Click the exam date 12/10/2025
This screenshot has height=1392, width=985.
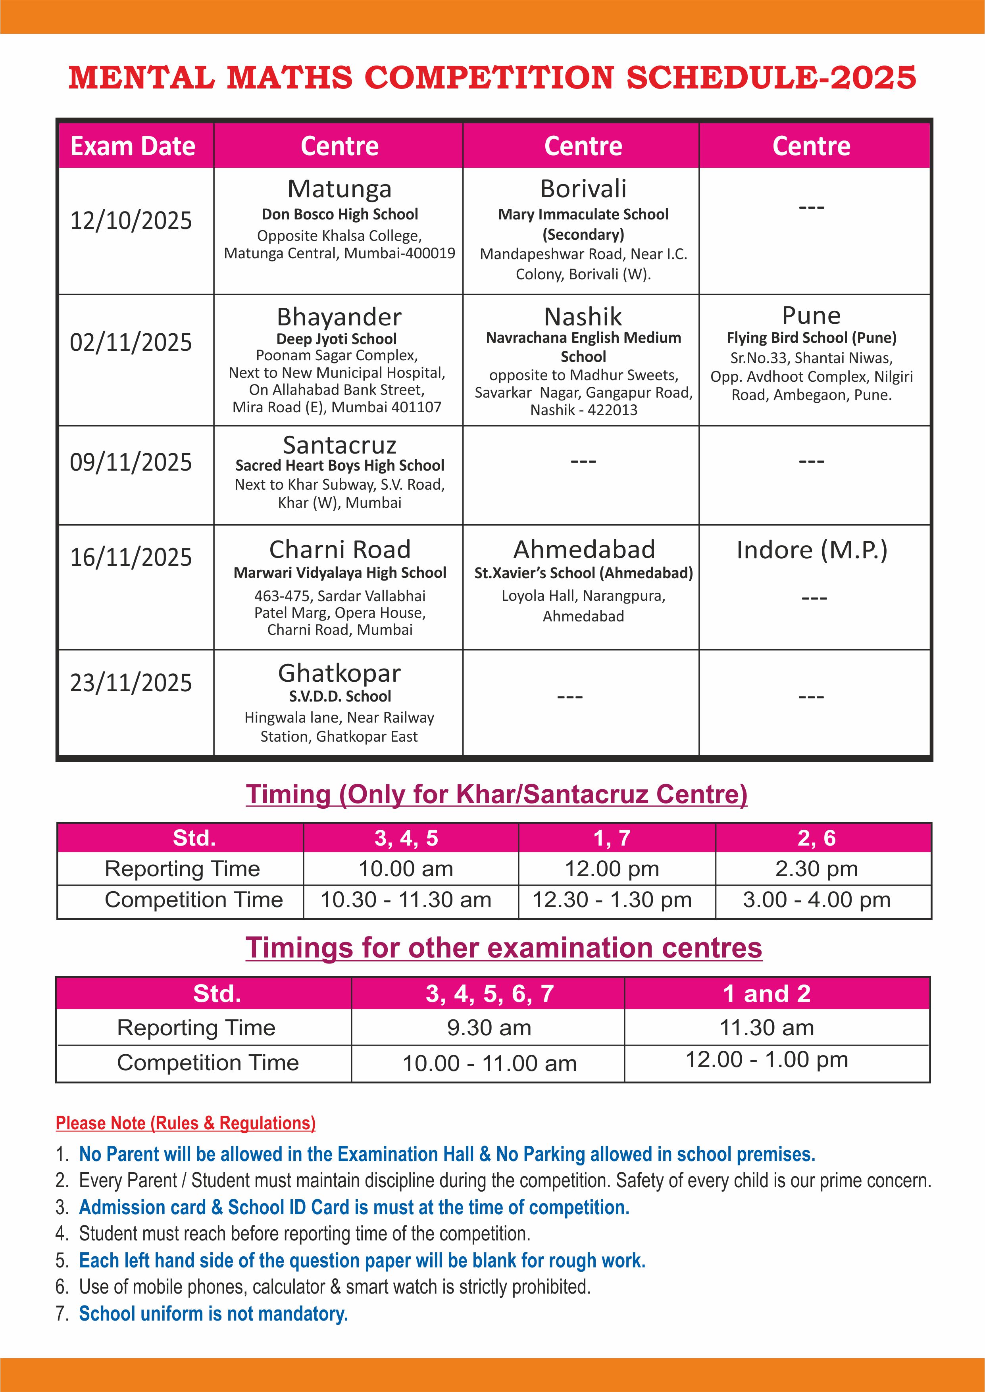(x=131, y=221)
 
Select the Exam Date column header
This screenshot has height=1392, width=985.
(x=133, y=146)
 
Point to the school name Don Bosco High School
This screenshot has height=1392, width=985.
(x=340, y=214)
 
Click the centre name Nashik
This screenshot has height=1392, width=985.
(x=583, y=317)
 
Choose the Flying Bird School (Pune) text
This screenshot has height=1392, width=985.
(x=812, y=338)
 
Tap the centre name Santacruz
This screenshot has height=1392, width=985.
(x=340, y=445)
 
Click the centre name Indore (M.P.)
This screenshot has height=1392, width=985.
(x=812, y=550)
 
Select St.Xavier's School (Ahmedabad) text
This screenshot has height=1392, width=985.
(x=583, y=573)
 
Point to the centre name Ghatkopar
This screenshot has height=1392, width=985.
(x=340, y=673)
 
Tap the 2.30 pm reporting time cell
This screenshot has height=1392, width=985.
(x=816, y=869)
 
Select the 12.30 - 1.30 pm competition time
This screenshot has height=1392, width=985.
(x=612, y=900)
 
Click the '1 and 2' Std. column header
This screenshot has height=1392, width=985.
(x=767, y=994)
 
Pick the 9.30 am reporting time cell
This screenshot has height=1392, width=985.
(x=489, y=1028)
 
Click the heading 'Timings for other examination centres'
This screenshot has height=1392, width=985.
(x=504, y=948)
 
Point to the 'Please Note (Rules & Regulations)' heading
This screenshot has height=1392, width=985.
(x=186, y=1123)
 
